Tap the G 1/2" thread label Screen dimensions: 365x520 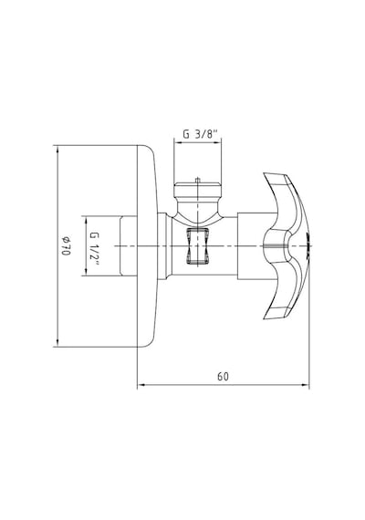95,246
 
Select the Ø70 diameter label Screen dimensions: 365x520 66,245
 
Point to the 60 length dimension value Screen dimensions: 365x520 223,377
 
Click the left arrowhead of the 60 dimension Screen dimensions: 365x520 141,385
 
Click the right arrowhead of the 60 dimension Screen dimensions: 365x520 306,385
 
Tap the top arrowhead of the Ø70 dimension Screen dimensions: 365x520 57,150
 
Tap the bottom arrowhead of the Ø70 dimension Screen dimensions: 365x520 57,343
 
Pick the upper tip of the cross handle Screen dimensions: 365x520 265,173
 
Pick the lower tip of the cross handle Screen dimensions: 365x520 265,318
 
